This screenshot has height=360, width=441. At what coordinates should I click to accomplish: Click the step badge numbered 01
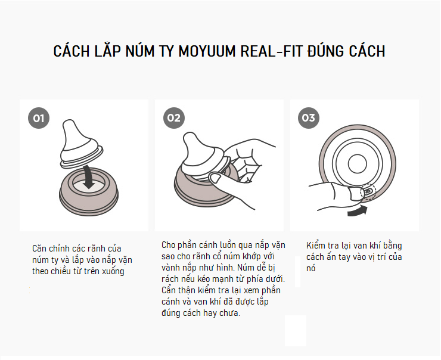[39, 118]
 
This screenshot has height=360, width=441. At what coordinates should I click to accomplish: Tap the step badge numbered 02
[173, 118]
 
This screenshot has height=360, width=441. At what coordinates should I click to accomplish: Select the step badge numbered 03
[308, 118]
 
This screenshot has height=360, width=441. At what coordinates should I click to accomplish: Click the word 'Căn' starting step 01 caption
[41, 248]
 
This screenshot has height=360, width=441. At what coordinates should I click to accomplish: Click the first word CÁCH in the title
[73, 51]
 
